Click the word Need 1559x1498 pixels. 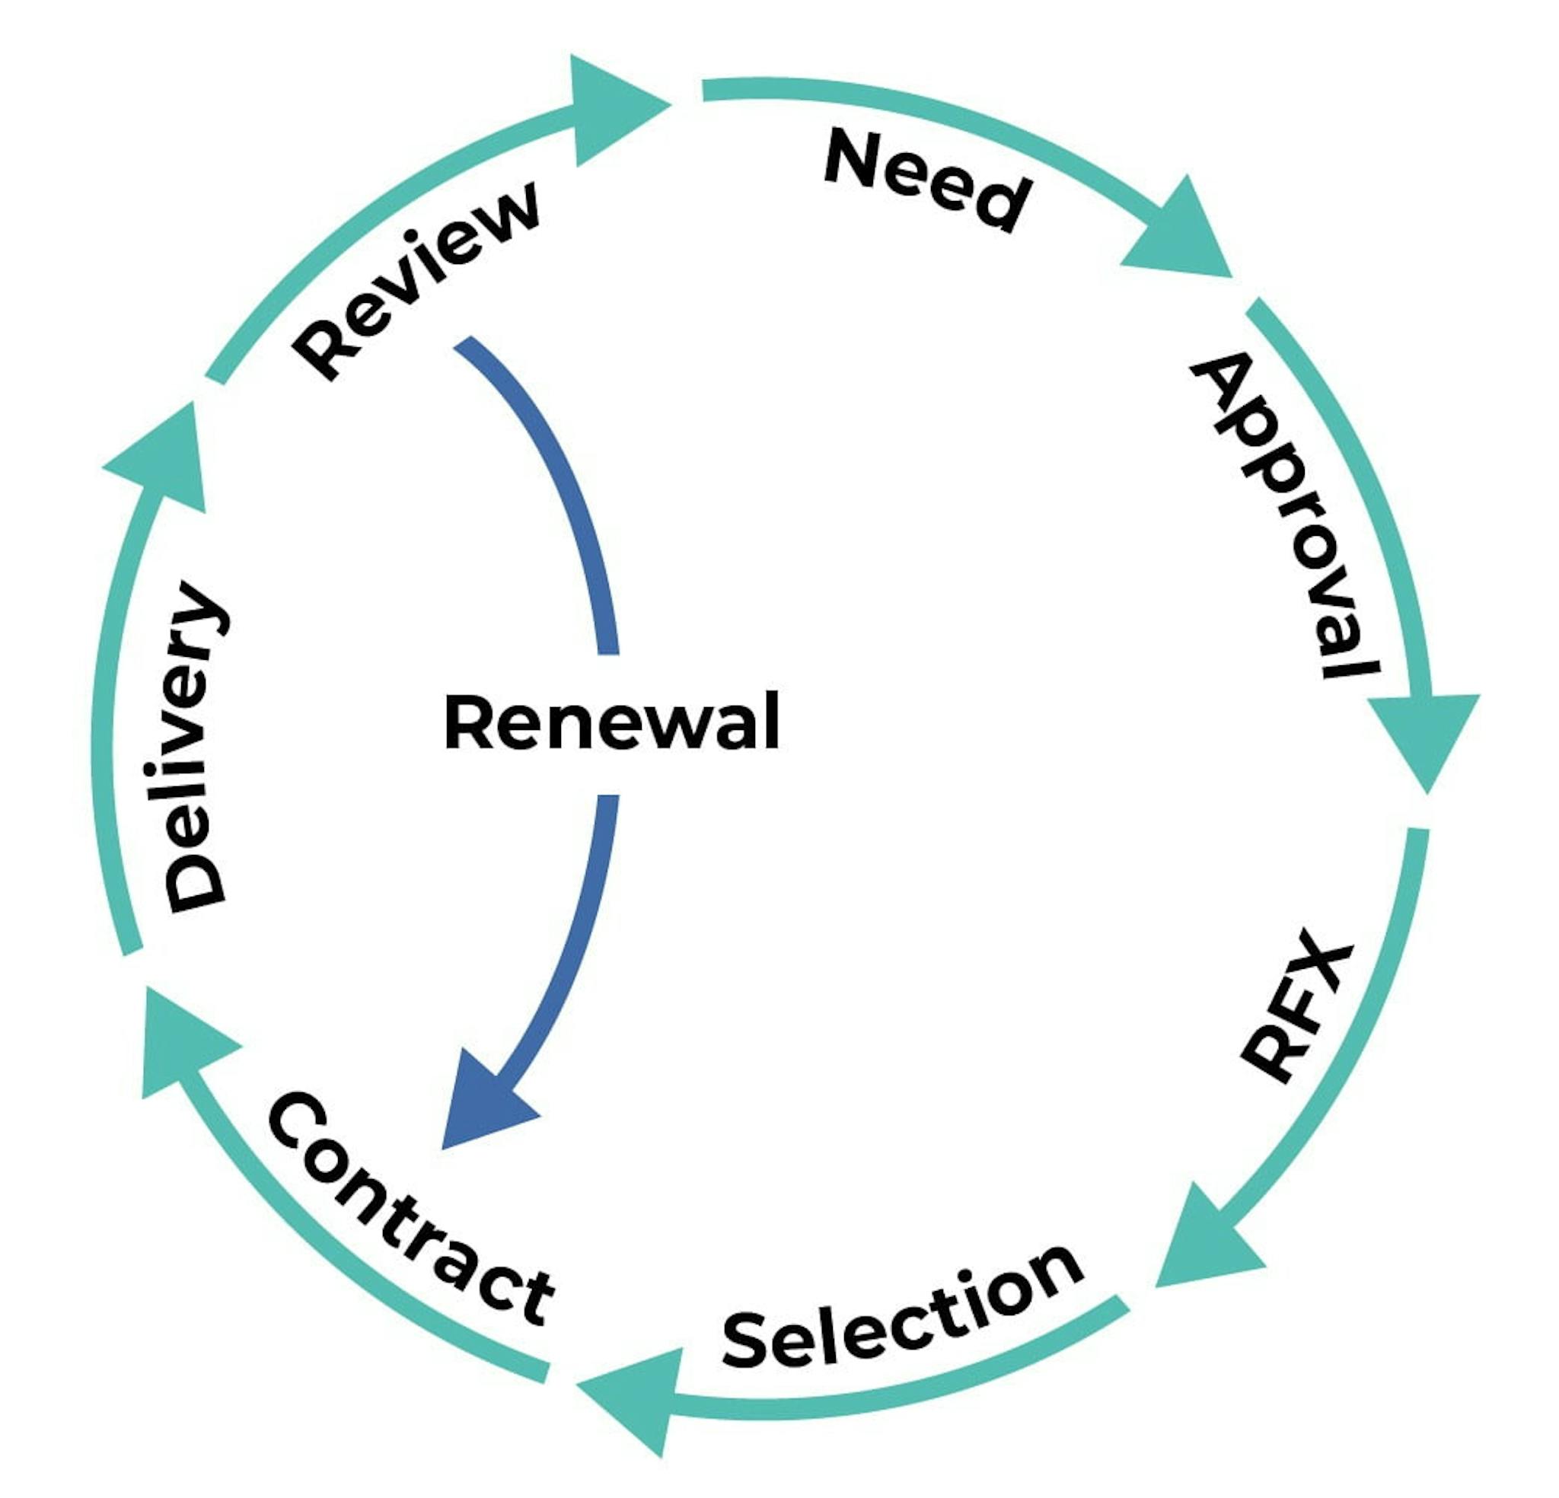pyautogui.click(x=927, y=180)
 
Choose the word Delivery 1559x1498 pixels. pyautogui.click(x=195, y=747)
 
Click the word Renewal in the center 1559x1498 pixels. pyautogui.click(x=611, y=722)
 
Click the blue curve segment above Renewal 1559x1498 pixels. pyautogui.click(x=556, y=477)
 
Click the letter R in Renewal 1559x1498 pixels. pyautogui.click(x=467, y=722)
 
